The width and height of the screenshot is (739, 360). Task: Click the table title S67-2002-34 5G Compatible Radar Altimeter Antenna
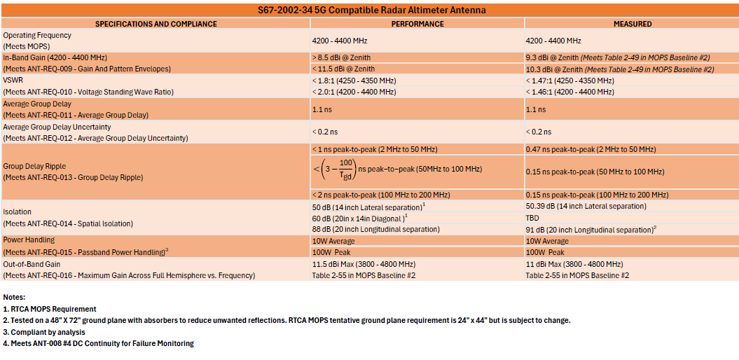(x=369, y=11)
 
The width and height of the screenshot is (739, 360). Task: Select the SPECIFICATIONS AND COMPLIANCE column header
(x=156, y=24)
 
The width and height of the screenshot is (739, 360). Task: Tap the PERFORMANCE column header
(x=417, y=24)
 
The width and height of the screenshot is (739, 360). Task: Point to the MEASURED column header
(x=632, y=24)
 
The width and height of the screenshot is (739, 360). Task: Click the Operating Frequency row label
(x=37, y=35)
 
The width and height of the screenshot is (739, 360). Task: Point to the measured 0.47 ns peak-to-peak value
(x=590, y=150)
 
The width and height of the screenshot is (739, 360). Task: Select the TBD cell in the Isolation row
(x=533, y=218)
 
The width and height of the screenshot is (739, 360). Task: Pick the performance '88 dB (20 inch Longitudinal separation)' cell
(x=375, y=230)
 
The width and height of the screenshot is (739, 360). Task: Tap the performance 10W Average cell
(x=333, y=241)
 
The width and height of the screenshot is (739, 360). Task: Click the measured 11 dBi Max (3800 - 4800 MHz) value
(x=574, y=264)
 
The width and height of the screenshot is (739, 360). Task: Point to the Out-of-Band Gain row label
(x=32, y=264)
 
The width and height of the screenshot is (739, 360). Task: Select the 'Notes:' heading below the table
(x=15, y=297)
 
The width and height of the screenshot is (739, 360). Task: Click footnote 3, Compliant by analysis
(x=45, y=332)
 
